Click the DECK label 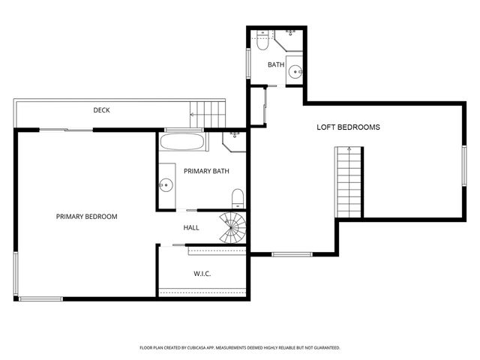[x=101, y=110]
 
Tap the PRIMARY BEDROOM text [x=87, y=217]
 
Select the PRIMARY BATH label [x=206, y=171]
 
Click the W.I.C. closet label [x=202, y=274]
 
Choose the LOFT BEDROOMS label [x=348, y=127]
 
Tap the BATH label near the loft [x=276, y=65]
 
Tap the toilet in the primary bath [x=238, y=199]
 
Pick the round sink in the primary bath [x=166, y=184]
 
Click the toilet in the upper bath [x=262, y=42]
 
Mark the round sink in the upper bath [x=296, y=73]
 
